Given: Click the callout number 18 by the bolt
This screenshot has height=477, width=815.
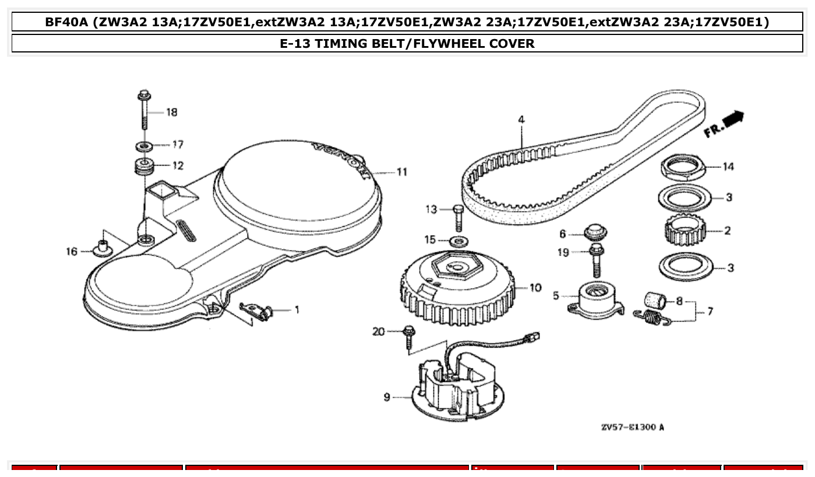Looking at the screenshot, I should [x=172, y=112].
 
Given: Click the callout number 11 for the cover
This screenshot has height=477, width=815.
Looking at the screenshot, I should [x=402, y=172].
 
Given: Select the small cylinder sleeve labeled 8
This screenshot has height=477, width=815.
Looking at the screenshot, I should [x=658, y=301].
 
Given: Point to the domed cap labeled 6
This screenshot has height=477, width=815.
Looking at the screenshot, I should [x=595, y=232].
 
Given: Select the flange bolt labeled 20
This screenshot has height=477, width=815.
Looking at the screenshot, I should [x=409, y=338].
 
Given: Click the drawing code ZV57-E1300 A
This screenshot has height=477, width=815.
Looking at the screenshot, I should [x=632, y=427].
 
